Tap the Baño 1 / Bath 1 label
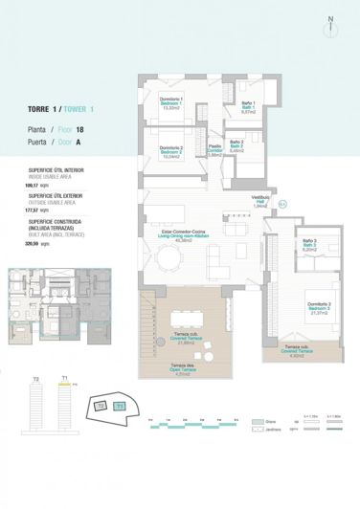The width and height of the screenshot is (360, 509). pos(247,106)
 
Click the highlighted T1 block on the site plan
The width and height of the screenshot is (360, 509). pos(121,407)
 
